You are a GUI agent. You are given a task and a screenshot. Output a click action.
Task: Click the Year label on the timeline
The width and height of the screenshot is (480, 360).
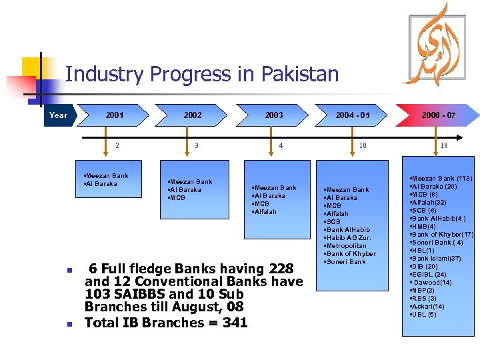[59, 115]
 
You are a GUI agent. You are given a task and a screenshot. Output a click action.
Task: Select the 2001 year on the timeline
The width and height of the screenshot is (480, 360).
[115, 115]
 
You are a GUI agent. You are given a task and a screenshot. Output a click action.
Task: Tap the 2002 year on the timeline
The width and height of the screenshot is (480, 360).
[193, 115]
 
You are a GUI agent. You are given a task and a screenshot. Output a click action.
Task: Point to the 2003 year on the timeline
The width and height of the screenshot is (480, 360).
[274, 115]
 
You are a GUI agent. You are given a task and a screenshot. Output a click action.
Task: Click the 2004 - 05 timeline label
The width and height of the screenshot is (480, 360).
[353, 115]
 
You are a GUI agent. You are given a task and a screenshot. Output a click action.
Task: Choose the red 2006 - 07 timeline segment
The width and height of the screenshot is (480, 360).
[439, 115]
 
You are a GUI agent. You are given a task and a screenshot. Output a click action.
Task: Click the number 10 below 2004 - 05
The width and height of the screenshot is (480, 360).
[363, 145]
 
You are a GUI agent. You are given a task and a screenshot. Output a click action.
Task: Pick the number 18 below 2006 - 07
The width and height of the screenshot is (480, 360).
[444, 145]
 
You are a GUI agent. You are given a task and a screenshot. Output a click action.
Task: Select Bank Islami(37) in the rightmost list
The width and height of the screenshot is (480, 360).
[437, 258]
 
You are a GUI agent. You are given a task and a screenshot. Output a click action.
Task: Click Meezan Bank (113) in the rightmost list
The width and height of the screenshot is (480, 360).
[443, 179]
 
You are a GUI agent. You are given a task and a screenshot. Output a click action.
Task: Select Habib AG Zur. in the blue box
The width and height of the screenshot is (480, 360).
[349, 238]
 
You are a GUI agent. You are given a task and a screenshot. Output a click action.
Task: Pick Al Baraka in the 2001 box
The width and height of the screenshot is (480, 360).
[102, 184]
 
